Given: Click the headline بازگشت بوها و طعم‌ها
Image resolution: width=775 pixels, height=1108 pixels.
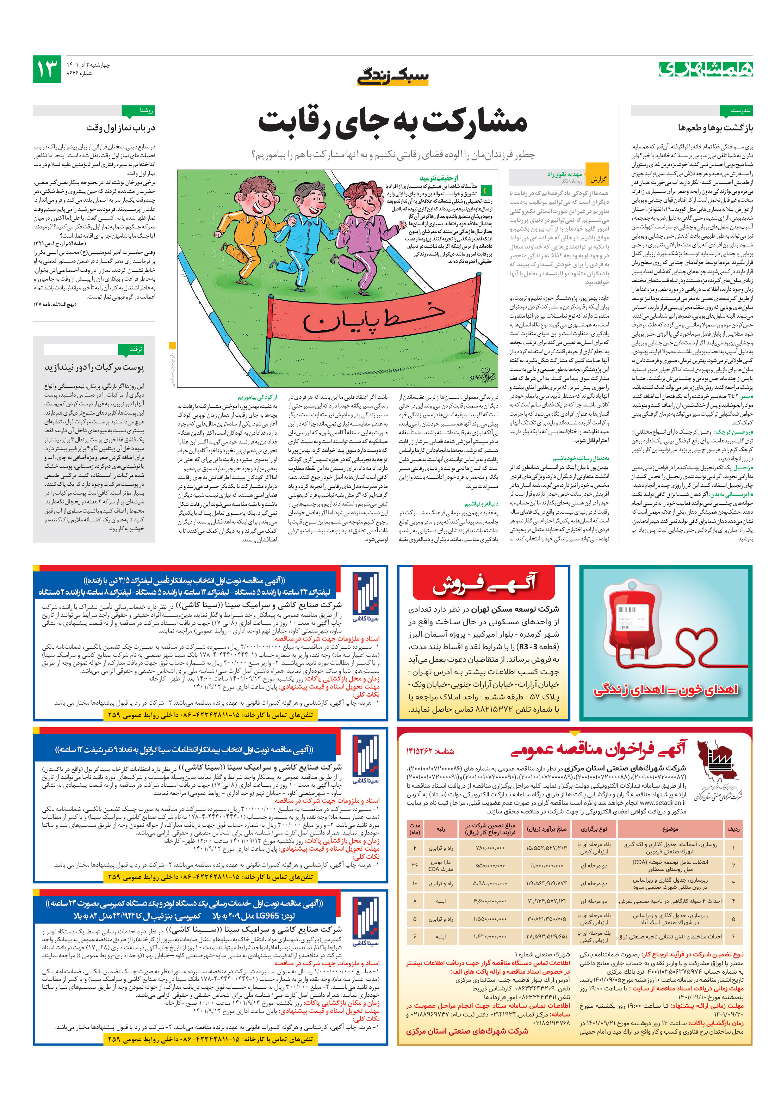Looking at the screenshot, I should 715,128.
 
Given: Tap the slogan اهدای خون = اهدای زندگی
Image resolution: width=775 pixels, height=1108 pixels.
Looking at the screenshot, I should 665,690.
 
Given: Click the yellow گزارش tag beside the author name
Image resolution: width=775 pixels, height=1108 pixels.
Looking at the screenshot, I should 598,179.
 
